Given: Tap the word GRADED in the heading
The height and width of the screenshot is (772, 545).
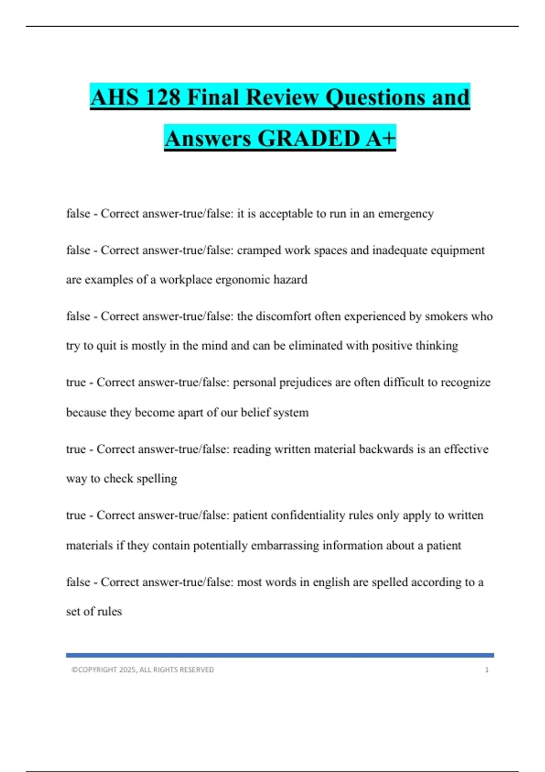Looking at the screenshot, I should coord(309,138).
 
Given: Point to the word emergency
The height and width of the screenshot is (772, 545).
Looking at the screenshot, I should coord(406,213).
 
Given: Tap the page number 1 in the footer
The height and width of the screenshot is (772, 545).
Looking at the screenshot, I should coord(486,670).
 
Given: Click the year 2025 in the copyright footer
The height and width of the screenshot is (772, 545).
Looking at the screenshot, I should coord(127,670).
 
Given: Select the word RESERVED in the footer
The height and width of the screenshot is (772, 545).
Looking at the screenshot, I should coord(196,670).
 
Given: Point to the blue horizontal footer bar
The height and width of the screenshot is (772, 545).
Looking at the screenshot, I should coord(280,655).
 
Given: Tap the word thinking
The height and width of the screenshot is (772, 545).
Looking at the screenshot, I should coord(436,346).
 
